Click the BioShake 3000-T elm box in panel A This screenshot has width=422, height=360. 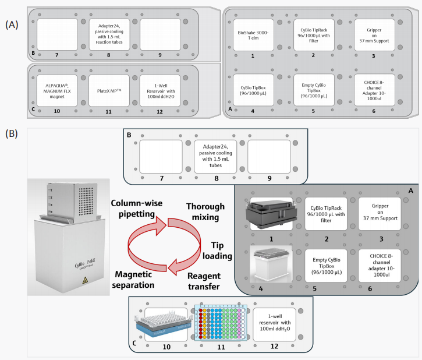[253, 35]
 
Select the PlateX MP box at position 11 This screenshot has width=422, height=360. [109, 91]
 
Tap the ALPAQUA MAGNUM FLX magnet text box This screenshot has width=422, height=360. [57, 91]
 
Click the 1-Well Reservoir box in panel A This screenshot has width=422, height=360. [161, 91]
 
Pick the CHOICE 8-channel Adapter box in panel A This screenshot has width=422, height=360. [374, 90]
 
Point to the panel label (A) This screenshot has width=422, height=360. [12, 24]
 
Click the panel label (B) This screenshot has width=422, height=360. [12, 133]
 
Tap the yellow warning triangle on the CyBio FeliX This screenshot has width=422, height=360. [85, 280]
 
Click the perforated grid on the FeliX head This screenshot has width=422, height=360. [86, 201]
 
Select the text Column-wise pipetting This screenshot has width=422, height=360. [137, 209]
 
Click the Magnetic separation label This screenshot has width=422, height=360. [133, 280]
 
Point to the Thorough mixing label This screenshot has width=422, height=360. [205, 211]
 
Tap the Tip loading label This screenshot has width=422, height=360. [217, 250]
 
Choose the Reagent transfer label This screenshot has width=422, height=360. [204, 281]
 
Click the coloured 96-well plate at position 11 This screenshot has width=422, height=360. [221, 323]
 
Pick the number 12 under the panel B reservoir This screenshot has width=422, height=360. [274, 346]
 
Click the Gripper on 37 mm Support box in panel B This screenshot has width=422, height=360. [380, 213]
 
